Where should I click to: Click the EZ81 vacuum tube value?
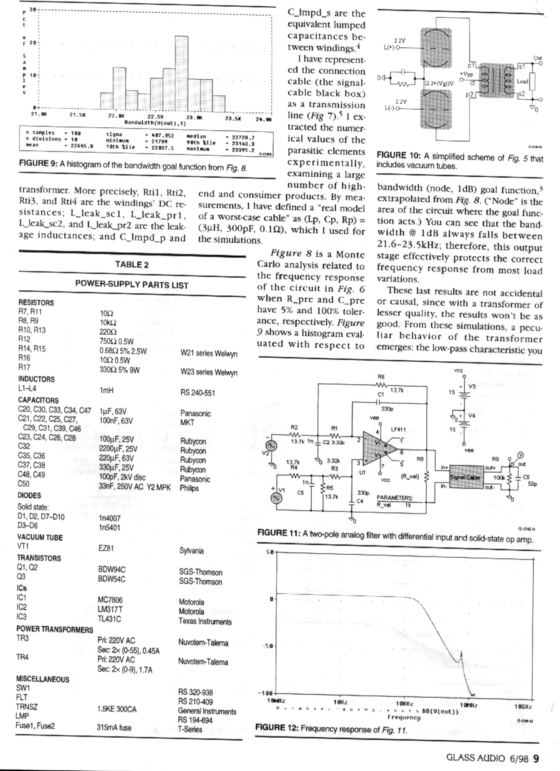(x=106, y=548)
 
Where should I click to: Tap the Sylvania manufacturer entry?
(x=191, y=551)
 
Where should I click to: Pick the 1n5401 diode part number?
(x=110, y=527)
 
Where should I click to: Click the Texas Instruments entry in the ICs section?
(x=205, y=621)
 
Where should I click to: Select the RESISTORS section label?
(x=36, y=303)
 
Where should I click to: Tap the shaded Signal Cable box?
(x=466, y=477)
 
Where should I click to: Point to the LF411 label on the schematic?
(x=398, y=430)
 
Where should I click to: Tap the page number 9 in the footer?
(x=535, y=758)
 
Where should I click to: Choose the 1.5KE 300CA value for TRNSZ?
(x=117, y=709)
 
